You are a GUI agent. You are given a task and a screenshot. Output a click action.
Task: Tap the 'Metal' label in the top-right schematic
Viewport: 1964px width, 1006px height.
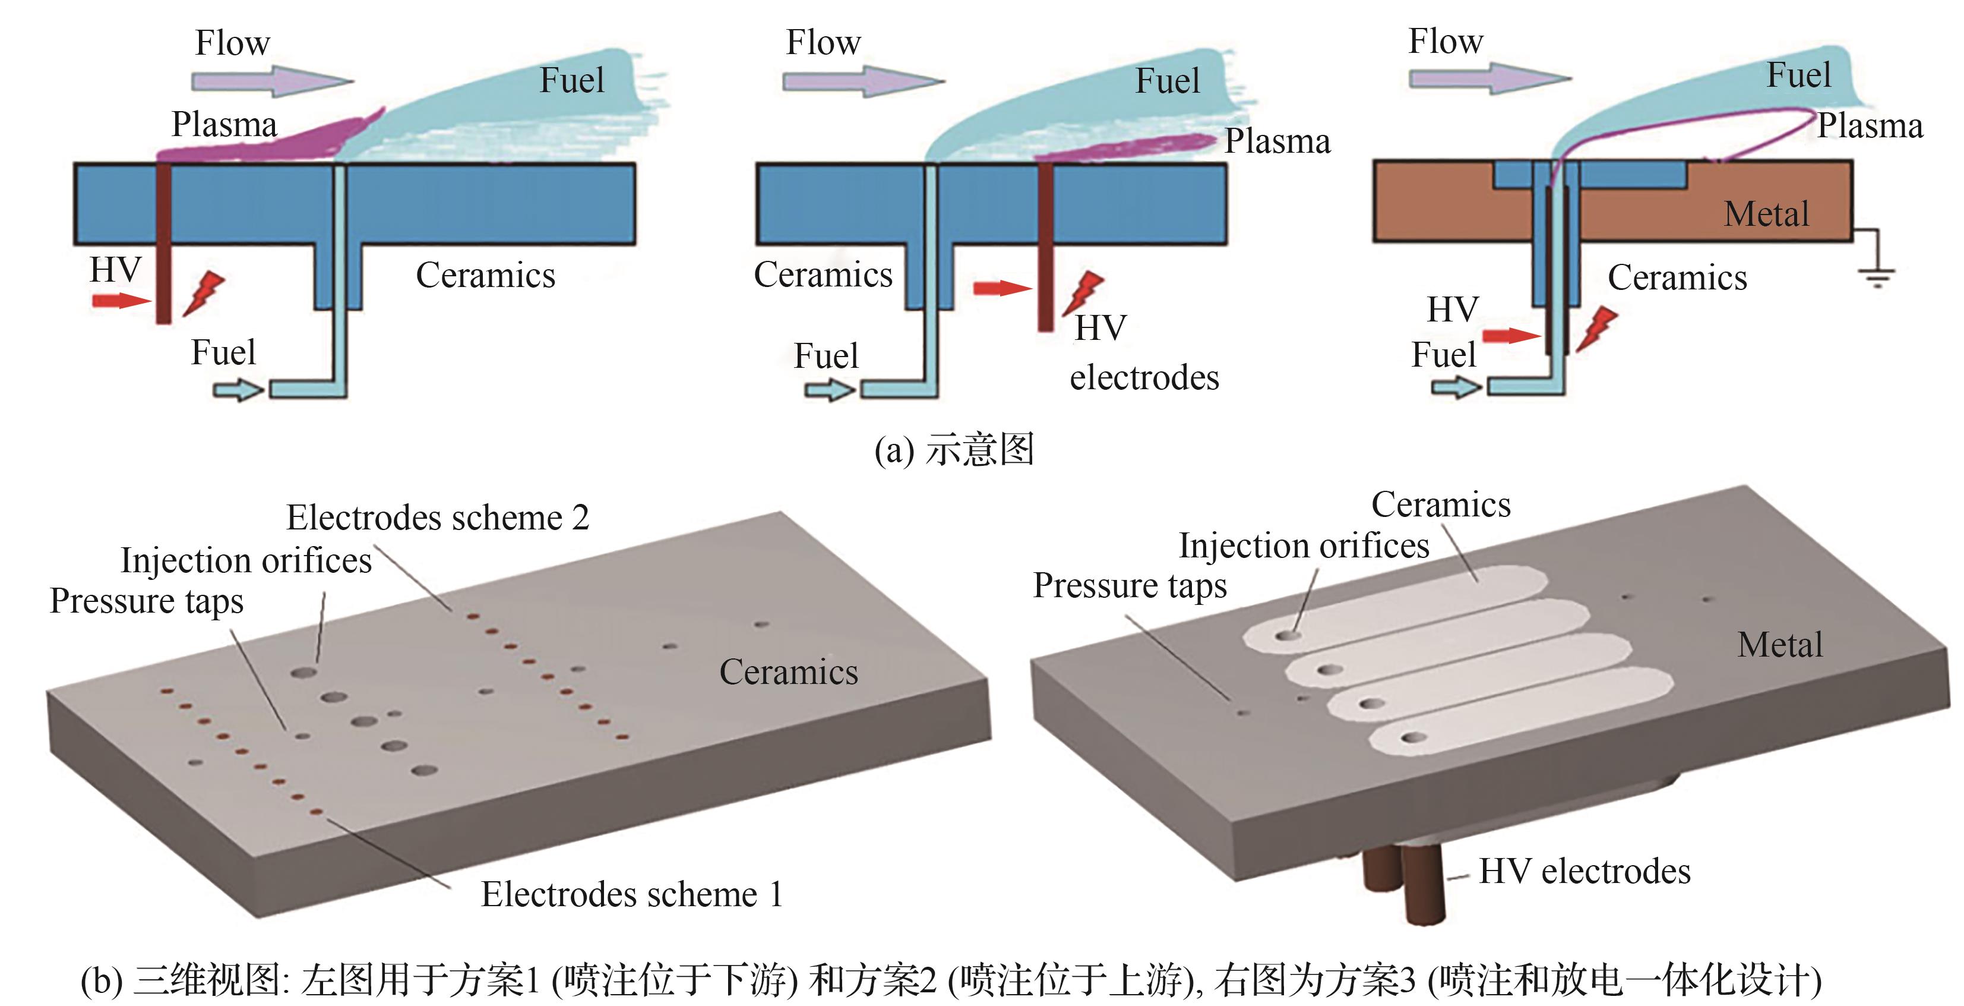tap(1766, 213)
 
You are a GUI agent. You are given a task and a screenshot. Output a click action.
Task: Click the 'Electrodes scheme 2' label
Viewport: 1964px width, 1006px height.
tap(438, 518)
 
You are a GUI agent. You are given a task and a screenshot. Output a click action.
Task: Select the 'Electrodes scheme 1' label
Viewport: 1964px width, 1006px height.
tap(631, 894)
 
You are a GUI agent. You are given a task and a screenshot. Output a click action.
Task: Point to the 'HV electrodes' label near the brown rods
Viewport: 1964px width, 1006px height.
tap(1585, 871)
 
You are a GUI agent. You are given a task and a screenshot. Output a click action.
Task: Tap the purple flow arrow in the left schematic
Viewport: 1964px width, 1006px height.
tap(271, 81)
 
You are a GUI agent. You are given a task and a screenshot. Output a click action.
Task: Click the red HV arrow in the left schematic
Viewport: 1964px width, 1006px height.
tap(121, 301)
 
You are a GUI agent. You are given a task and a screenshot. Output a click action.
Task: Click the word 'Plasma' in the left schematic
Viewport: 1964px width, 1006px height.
tap(224, 124)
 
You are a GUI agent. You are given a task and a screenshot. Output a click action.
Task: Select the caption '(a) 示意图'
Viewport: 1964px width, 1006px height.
tap(954, 449)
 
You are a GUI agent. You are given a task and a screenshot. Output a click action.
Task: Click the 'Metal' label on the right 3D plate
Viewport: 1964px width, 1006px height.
tap(1779, 645)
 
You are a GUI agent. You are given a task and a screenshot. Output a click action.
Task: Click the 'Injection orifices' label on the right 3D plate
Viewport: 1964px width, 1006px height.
tap(1304, 546)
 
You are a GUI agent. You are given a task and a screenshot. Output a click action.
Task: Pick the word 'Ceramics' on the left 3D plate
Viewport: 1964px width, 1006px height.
tap(788, 672)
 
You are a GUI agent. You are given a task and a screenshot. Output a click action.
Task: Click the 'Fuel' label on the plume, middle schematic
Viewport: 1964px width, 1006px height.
tap(1167, 81)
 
